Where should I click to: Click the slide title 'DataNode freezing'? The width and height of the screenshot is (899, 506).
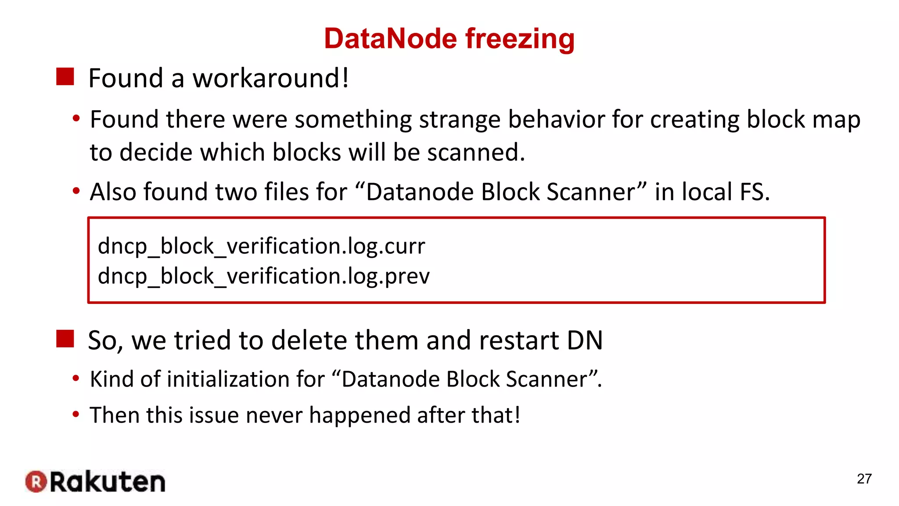click(x=449, y=39)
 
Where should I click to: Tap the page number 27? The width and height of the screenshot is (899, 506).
click(x=864, y=479)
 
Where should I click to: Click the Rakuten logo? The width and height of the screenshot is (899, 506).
click(x=95, y=481)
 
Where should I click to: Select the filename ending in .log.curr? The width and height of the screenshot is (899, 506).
click(x=261, y=246)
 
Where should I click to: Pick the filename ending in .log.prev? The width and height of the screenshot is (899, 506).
click(x=263, y=276)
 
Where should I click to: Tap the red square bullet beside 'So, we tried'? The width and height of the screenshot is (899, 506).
click(x=65, y=339)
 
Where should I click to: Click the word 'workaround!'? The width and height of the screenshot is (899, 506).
click(x=271, y=78)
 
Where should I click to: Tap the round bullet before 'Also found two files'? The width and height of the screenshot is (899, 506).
click(x=76, y=191)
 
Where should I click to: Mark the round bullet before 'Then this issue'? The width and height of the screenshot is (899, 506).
click(x=76, y=414)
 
